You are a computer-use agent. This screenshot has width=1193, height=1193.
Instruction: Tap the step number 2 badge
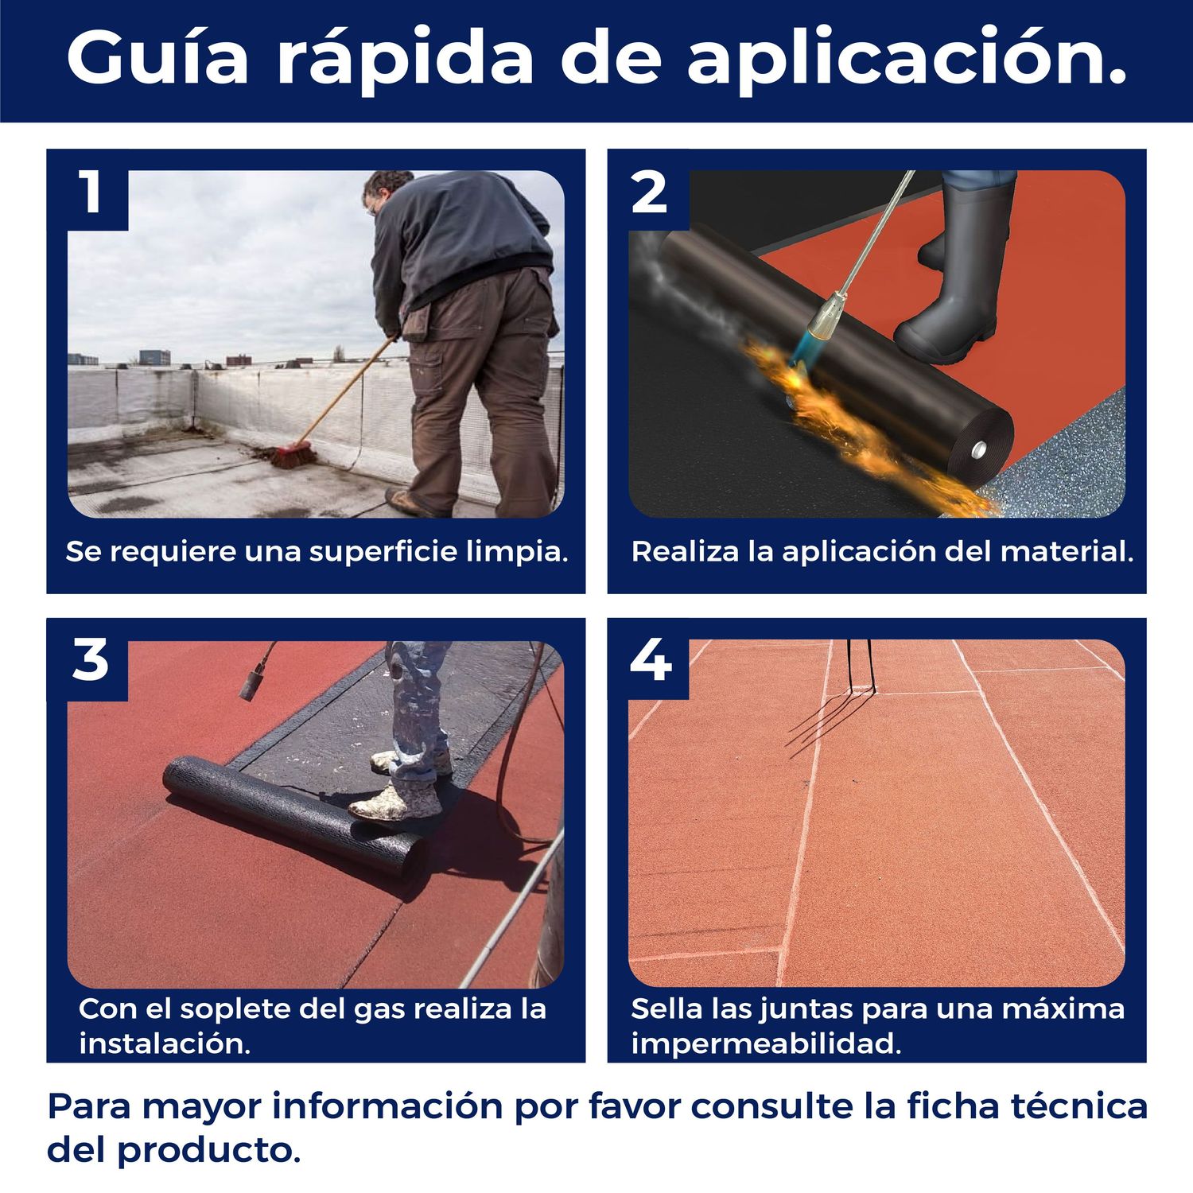pos(649,192)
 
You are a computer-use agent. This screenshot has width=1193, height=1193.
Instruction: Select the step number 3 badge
pos(90,660)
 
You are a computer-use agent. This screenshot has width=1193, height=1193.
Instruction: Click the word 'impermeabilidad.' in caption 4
pos(766,1043)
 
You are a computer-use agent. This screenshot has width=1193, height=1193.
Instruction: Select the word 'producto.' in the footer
pos(209,1150)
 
